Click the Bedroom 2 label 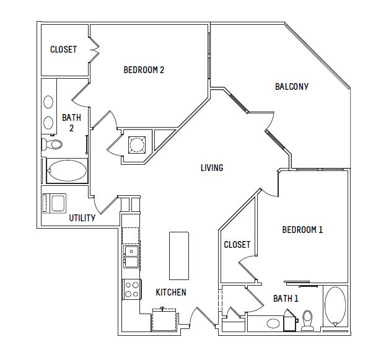coord(144,70)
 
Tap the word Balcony coord(292,87)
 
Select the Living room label coord(212,168)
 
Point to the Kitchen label coord(171,292)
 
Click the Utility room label coord(82,218)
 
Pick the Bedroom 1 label coord(302,230)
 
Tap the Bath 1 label coord(286,299)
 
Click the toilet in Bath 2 coord(52,144)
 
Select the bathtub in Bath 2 coord(67,170)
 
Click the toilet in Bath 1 coord(308,320)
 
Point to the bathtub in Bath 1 coord(335,307)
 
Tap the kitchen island coord(179,256)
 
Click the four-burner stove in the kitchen coord(132,289)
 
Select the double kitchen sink coord(131,257)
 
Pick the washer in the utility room coord(55,203)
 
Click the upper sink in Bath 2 coord(48,102)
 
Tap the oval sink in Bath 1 coord(273,323)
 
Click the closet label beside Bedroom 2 coord(64,50)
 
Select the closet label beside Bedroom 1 coord(237,245)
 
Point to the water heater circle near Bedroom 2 coord(137,145)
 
